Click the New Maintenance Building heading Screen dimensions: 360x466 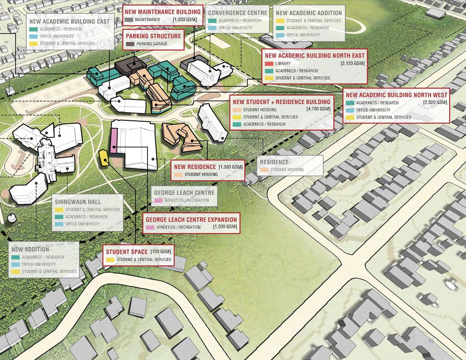pos(163,12)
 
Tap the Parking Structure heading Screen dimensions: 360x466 pos(153,36)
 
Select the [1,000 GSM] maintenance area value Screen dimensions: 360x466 pos(184,20)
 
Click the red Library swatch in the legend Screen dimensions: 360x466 pos(269,64)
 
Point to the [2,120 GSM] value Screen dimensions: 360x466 pos(352,64)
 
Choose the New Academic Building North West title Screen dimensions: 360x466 pos(396,95)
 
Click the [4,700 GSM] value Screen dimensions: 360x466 pos(318,109)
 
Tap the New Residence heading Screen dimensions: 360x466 pos(195,167)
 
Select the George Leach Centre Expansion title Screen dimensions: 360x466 pos(191,219)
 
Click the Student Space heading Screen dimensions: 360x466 pos(127,252)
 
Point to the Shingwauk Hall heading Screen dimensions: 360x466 pos(78,202)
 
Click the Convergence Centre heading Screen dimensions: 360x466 pos(238,13)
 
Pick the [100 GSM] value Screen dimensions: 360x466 pos(160,252)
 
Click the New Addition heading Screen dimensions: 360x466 pos(30,249)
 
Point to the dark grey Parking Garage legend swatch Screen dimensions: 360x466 pos(130,44)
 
